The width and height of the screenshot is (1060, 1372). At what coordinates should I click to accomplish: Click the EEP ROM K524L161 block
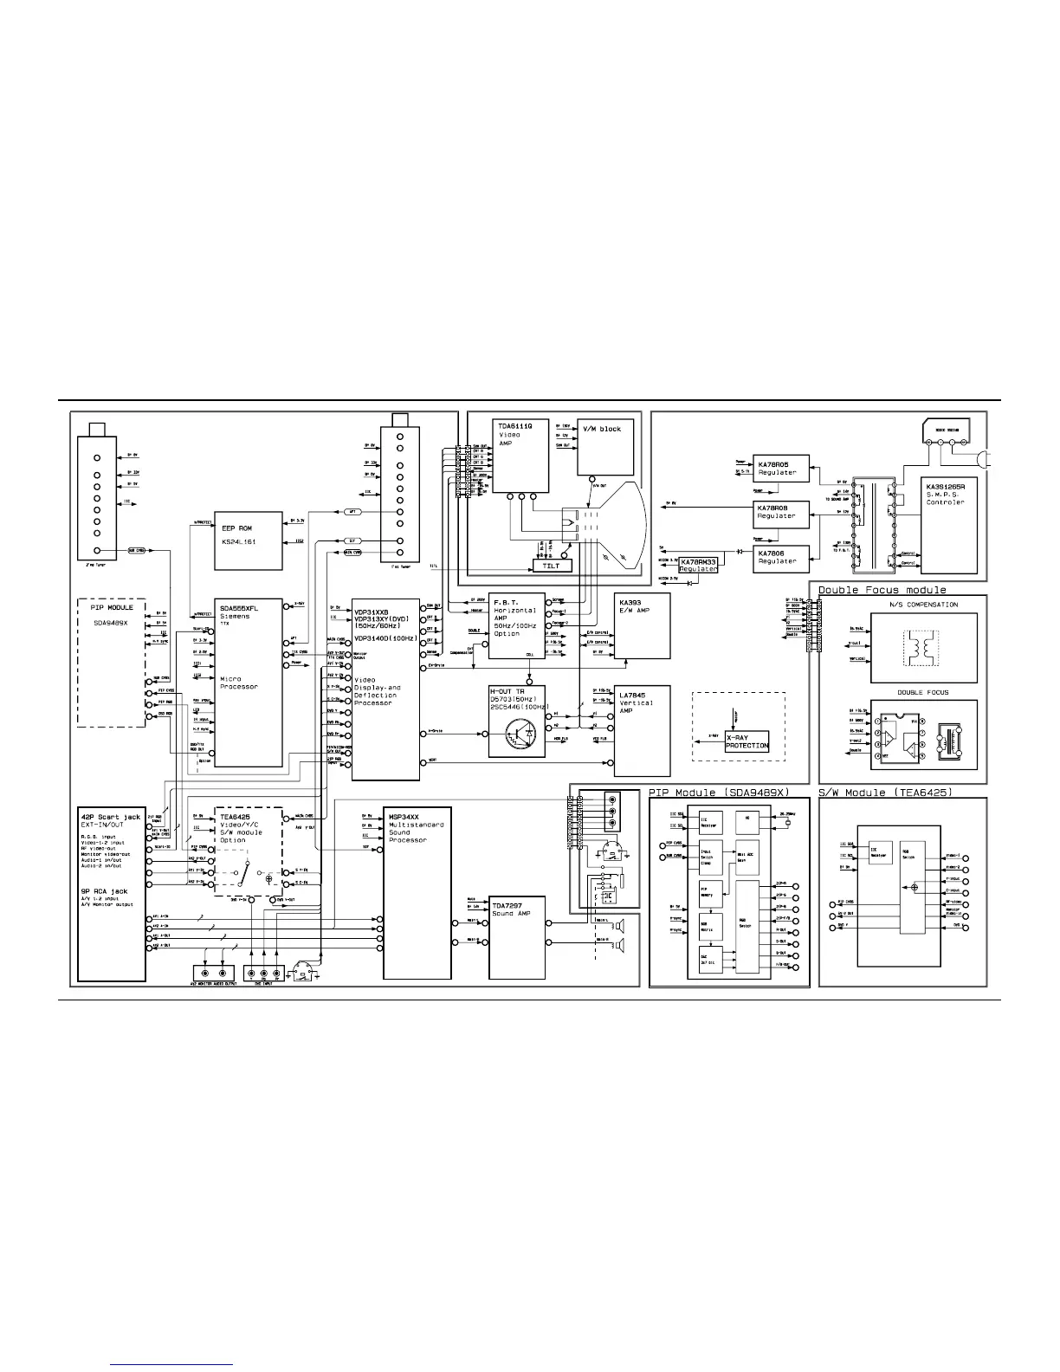tap(249, 540)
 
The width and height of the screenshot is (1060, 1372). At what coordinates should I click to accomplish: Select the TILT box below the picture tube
tap(551, 566)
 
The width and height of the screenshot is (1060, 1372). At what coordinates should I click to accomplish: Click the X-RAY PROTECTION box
tap(747, 741)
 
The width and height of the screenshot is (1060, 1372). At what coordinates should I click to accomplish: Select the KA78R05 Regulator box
tap(781, 468)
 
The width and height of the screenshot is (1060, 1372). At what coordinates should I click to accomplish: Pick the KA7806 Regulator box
tap(781, 558)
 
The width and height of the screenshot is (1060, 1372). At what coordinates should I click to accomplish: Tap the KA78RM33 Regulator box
tap(699, 565)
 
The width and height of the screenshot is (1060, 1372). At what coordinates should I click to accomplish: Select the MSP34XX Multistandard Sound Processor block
tap(417, 892)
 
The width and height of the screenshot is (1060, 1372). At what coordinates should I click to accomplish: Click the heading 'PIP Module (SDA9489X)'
tap(718, 793)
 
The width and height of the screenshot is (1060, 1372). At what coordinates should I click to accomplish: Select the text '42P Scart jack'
tap(110, 817)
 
